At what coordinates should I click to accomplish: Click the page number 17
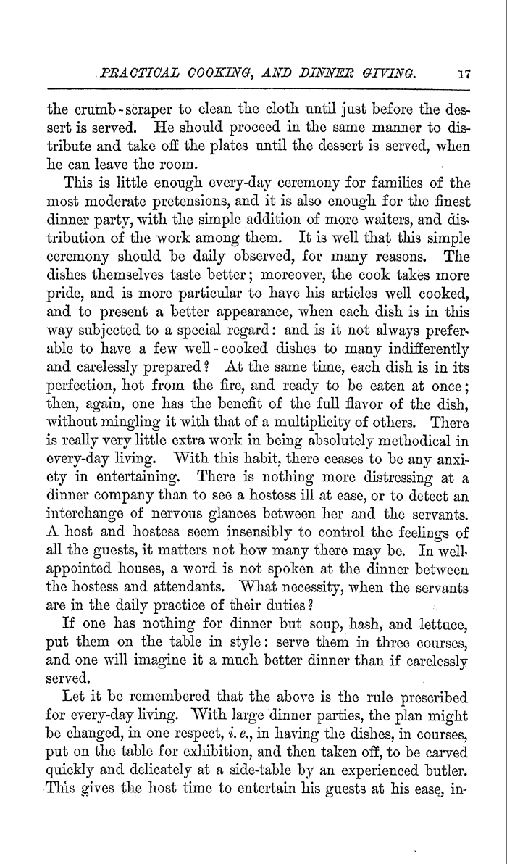click(465, 72)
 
